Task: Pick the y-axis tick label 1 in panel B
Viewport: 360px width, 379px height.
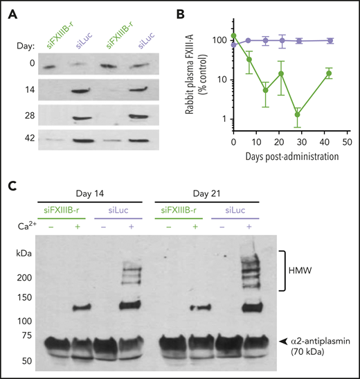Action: click(225, 118)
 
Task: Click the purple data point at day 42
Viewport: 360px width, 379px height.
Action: click(330, 41)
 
